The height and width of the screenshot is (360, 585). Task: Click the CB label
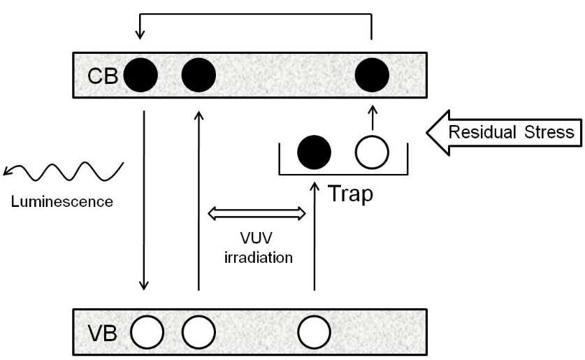click(x=103, y=76)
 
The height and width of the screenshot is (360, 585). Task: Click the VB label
click(x=103, y=333)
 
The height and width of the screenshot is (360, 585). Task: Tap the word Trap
click(x=351, y=194)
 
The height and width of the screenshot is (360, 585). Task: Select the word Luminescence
click(x=62, y=202)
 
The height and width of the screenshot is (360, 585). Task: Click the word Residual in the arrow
click(x=482, y=132)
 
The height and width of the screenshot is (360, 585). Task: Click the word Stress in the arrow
click(x=549, y=132)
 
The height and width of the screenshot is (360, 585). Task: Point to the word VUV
click(x=257, y=238)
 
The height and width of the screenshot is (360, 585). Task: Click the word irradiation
click(x=258, y=257)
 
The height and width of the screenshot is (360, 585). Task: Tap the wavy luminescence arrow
click(x=64, y=171)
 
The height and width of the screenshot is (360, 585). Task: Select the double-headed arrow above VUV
click(x=257, y=214)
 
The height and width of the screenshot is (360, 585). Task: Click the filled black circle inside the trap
click(x=314, y=152)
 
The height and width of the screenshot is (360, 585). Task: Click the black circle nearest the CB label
click(x=140, y=75)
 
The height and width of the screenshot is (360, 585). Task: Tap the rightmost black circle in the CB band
click(x=372, y=75)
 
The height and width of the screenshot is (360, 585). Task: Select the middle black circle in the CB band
click(x=198, y=75)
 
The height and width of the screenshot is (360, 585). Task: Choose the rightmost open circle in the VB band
click(x=314, y=333)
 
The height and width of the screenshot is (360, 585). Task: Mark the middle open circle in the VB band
click(x=198, y=333)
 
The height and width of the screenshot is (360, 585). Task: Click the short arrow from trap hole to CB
click(x=373, y=118)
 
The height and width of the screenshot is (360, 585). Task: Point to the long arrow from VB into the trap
click(x=315, y=236)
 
